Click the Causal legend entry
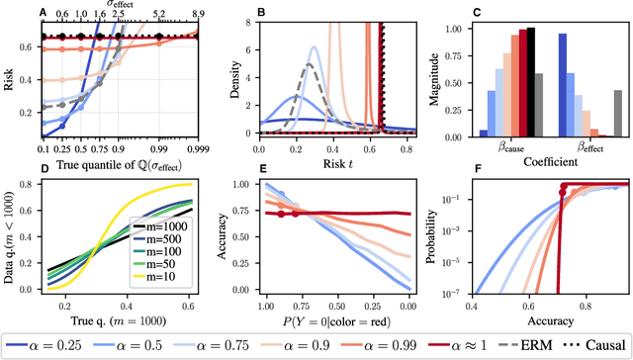[596, 344]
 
